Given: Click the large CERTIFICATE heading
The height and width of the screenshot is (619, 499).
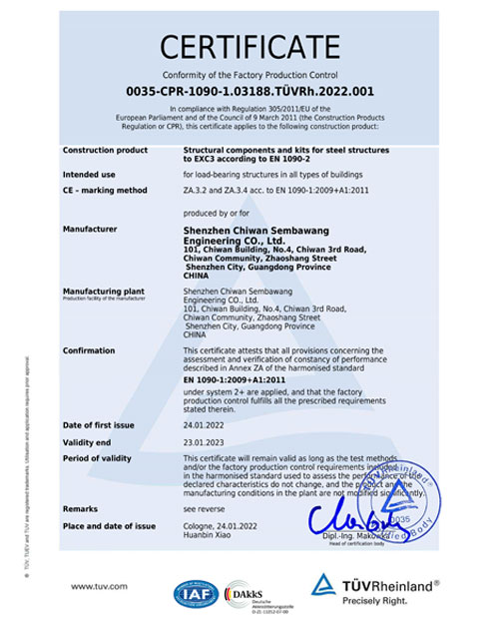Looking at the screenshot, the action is (x=249, y=47).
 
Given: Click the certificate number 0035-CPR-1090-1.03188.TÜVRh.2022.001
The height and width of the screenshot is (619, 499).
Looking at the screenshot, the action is (x=249, y=91).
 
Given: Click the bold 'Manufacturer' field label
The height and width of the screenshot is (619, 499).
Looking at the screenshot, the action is (x=90, y=229).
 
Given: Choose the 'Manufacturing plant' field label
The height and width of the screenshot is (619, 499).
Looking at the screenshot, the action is (x=101, y=291).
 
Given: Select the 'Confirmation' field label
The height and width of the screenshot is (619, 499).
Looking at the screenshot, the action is (x=89, y=350).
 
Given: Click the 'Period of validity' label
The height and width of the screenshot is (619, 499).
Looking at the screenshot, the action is (x=97, y=457).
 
